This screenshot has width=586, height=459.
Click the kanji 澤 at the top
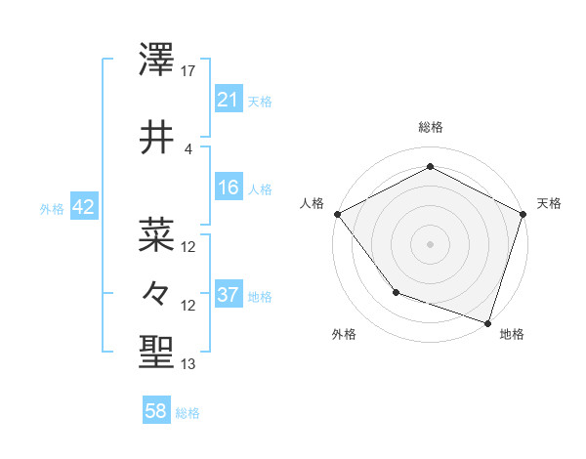click(x=157, y=61)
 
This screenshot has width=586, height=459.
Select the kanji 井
click(x=157, y=137)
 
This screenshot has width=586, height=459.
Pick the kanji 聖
click(x=157, y=351)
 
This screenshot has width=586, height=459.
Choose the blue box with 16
click(x=228, y=187)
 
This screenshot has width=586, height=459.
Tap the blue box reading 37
click(x=228, y=294)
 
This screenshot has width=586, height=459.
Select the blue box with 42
click(x=82, y=207)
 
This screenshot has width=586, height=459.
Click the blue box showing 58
click(x=156, y=411)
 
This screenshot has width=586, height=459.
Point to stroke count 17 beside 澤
click(x=188, y=71)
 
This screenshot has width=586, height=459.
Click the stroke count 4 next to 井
click(x=188, y=148)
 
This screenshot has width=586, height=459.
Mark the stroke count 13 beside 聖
click(x=188, y=364)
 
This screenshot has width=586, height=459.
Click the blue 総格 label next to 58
click(x=188, y=413)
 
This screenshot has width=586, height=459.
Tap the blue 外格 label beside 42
click(x=52, y=208)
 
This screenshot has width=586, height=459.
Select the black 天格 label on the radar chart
click(x=549, y=203)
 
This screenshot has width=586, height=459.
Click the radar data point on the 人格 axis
click(x=337, y=213)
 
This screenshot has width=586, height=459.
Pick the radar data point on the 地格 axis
click(x=487, y=321)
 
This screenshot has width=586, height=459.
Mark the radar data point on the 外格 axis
click(x=396, y=291)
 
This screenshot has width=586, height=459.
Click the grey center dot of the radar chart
click(x=430, y=243)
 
